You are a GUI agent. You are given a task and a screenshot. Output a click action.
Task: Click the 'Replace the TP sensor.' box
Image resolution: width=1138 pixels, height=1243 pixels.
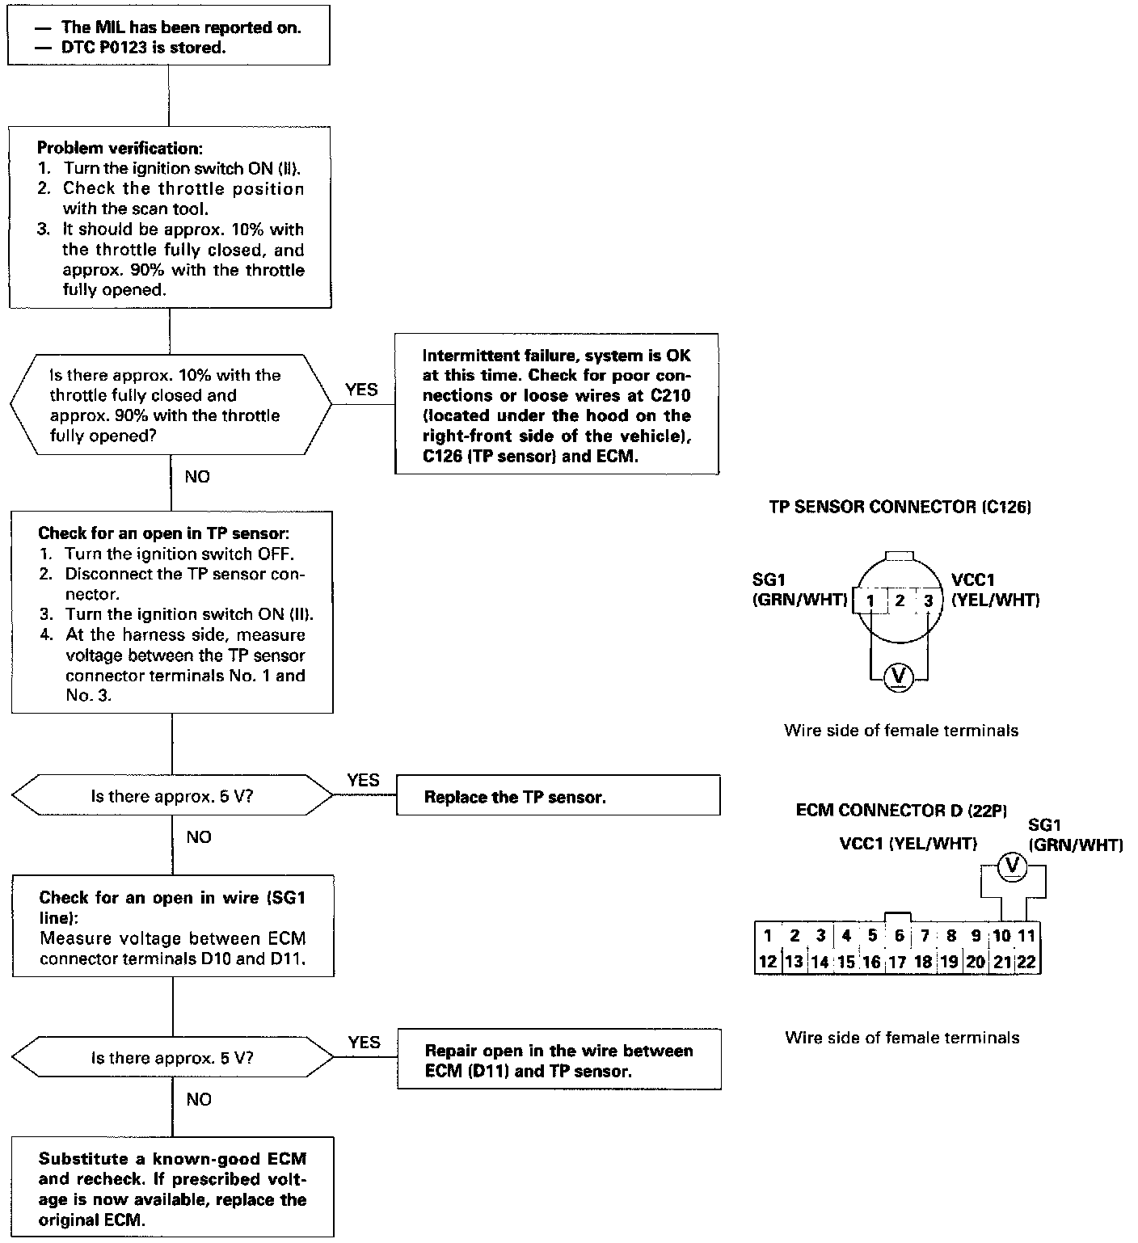[x=558, y=797]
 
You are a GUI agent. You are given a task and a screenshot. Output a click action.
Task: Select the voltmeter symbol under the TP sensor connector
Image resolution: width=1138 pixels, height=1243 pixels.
[x=899, y=676]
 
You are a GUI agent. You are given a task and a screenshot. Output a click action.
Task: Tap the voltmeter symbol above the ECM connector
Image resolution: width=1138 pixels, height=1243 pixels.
[x=1012, y=867]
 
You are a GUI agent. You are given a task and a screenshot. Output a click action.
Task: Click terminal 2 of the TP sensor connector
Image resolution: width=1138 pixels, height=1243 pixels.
[x=900, y=600]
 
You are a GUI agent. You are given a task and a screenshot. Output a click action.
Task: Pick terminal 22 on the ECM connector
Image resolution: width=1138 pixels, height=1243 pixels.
[x=1026, y=962]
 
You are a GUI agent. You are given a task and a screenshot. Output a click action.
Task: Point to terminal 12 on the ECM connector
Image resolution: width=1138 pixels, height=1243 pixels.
[x=767, y=962]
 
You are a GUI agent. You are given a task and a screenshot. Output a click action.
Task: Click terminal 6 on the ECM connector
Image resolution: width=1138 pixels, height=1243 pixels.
[x=899, y=936]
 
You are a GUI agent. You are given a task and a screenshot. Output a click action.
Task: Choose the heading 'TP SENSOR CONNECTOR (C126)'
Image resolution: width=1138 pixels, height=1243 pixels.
[x=900, y=507]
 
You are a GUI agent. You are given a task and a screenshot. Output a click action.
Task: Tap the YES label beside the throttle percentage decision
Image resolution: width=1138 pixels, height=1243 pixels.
[x=361, y=390]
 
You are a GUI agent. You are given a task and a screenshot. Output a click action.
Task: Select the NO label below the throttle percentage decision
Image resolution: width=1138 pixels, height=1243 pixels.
[x=197, y=477]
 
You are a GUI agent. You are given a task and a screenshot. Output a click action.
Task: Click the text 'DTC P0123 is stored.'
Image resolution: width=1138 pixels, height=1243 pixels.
[x=143, y=48]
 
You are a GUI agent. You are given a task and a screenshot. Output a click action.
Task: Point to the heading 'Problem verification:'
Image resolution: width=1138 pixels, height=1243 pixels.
[x=120, y=149]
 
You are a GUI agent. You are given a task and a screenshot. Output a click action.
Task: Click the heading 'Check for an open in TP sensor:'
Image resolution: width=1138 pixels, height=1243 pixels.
[x=163, y=533]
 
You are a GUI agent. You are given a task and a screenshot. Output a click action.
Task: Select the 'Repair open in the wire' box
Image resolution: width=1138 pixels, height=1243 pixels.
[x=558, y=1060]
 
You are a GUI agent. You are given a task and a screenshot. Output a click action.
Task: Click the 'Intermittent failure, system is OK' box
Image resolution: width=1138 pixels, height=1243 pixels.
[x=556, y=405]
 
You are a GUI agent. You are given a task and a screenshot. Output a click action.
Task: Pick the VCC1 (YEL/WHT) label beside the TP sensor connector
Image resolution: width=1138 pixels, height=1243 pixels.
[x=995, y=590]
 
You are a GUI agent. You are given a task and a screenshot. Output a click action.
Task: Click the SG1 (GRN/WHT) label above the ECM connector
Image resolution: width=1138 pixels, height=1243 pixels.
[x=1075, y=836]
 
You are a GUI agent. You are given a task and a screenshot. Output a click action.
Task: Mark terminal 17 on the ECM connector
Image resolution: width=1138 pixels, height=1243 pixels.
[x=897, y=962]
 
